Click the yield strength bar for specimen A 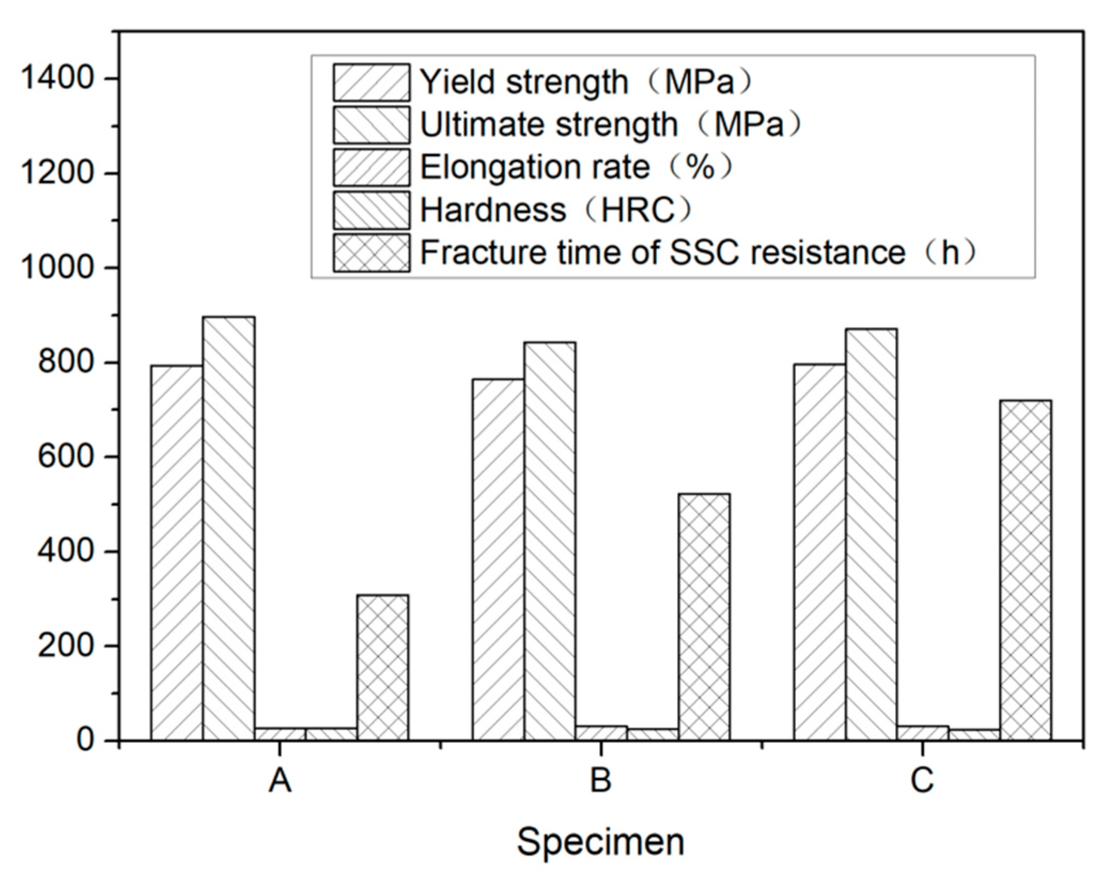click(x=176, y=553)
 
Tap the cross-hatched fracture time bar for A click(x=383, y=667)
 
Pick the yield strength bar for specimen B click(x=498, y=559)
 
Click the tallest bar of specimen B click(x=550, y=540)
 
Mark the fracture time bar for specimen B click(x=704, y=616)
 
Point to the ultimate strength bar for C click(x=871, y=534)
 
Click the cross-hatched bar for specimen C click(x=1026, y=570)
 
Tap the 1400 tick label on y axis click(x=57, y=79)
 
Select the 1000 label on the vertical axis click(x=57, y=268)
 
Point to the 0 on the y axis click(x=85, y=740)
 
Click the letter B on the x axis click(x=600, y=780)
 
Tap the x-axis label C click(x=922, y=780)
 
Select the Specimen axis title click(x=600, y=842)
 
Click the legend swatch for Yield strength click(x=371, y=82)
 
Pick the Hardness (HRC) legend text click(x=556, y=210)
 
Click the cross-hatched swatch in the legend click(x=371, y=253)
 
